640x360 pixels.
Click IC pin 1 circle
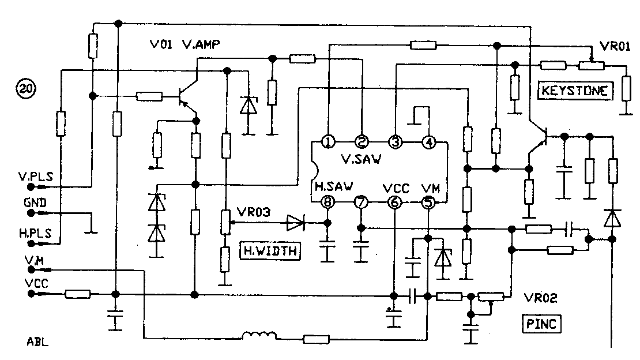point(327,141)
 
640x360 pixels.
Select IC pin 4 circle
point(428,141)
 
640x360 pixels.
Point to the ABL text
point(37,341)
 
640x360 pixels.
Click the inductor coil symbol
point(259,336)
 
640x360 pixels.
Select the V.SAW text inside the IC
point(361,160)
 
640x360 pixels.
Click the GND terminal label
point(35,204)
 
